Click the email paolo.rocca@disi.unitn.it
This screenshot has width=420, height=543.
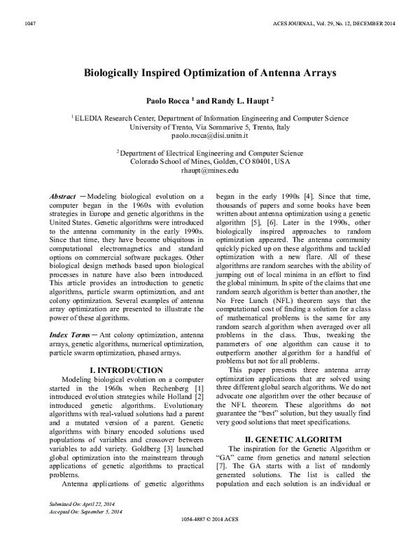click(210, 136)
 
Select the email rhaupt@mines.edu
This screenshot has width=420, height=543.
click(210, 170)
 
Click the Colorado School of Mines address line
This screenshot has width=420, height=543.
click(210, 161)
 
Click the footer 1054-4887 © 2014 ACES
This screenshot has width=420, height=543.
click(210, 538)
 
